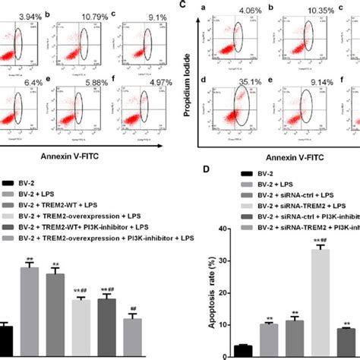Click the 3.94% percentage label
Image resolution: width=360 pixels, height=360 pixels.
(32, 15)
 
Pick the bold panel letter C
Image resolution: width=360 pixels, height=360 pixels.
(204, 5)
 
